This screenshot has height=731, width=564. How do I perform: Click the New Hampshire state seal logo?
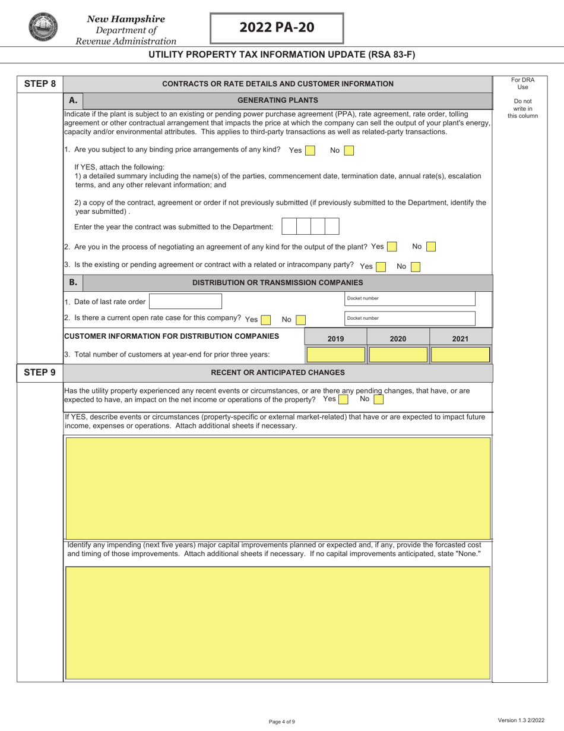click(42, 27)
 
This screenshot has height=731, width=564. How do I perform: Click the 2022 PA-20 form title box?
click(277, 28)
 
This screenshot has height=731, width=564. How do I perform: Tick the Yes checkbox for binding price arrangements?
click(310, 151)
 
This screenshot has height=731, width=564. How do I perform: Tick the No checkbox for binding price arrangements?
click(349, 151)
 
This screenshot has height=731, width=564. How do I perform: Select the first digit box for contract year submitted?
click(289, 226)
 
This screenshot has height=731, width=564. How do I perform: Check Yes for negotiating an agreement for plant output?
click(392, 247)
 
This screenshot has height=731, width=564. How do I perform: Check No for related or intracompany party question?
click(416, 267)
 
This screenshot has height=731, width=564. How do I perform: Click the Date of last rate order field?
click(185, 301)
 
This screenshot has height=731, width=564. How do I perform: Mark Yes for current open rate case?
click(266, 320)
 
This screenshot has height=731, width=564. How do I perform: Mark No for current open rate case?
click(301, 320)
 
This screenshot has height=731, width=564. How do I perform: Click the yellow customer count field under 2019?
click(335, 355)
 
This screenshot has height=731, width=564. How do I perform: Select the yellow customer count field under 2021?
click(460, 355)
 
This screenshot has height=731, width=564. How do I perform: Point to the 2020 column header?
click(398, 339)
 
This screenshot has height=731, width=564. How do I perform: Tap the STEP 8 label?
click(40, 84)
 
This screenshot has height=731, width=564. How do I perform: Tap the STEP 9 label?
click(40, 373)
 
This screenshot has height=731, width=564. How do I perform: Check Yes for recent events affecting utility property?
click(343, 400)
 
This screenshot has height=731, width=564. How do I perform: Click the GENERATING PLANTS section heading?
click(278, 100)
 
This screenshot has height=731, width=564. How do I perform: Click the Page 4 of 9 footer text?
click(281, 721)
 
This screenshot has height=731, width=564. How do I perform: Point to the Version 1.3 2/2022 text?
click(521, 720)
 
